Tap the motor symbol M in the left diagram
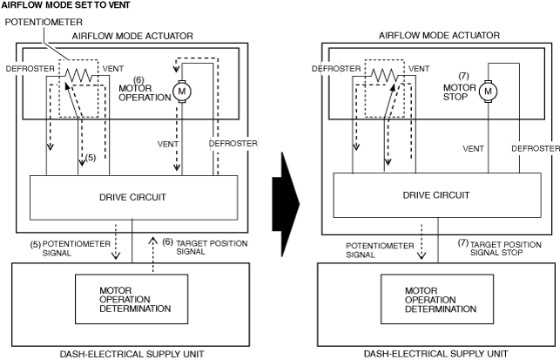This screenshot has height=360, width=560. [x=182, y=90]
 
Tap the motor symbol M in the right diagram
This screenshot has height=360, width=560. [x=489, y=90]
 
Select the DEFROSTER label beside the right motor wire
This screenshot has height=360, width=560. [x=535, y=148]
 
